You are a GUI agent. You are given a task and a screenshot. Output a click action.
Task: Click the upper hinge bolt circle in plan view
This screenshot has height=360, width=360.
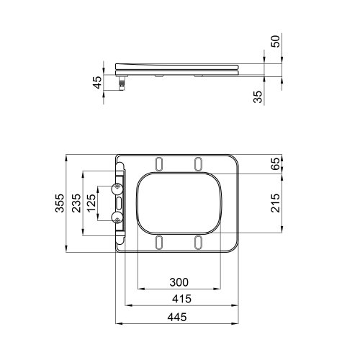click(117, 189)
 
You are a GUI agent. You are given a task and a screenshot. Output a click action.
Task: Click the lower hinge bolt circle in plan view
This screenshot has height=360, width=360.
click(117, 215)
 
